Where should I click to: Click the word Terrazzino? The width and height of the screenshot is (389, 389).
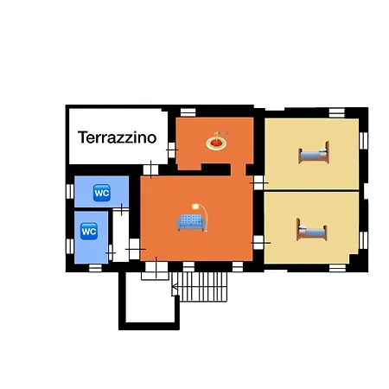(118, 137)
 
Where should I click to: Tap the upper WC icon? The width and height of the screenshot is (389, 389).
(102, 193)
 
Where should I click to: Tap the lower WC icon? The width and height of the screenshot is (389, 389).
(89, 231)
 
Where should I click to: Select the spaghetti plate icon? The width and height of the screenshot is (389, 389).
(217, 141)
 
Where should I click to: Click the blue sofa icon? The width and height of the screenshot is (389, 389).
(191, 222)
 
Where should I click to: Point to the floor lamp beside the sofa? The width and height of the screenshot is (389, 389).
(201, 217)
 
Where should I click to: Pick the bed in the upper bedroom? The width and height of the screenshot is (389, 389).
(314, 153)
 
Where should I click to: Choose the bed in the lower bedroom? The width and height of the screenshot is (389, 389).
(311, 230)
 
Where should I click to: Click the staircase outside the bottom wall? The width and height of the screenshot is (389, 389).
(200, 287)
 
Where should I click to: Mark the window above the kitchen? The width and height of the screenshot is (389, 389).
(188, 112)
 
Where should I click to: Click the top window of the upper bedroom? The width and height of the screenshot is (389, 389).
(337, 113)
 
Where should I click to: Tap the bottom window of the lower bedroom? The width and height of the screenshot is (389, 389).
(337, 268)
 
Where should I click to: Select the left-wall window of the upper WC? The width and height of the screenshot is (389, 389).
(70, 192)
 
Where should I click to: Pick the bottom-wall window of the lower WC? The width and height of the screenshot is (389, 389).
(95, 268)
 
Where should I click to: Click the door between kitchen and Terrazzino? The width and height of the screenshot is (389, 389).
(171, 150)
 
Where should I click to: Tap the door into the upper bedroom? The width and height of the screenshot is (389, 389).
(258, 182)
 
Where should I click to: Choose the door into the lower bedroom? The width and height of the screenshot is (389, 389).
(258, 243)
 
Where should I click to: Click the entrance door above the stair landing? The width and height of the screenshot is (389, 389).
(156, 267)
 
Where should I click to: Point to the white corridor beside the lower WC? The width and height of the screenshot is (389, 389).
(120, 235)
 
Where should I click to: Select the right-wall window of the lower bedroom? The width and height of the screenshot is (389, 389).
(363, 240)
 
